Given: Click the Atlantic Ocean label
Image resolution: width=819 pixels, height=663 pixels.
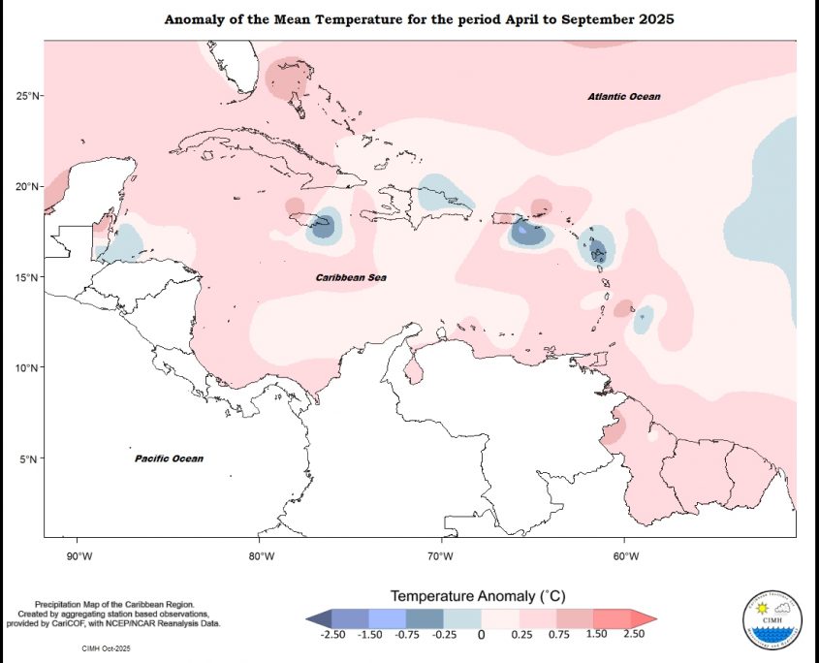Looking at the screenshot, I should (624, 97).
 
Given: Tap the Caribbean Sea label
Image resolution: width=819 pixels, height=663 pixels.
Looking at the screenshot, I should (351, 278).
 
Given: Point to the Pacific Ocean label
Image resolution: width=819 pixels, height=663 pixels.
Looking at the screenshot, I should (169, 458).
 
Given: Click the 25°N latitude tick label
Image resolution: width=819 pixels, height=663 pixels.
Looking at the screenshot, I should (27, 95).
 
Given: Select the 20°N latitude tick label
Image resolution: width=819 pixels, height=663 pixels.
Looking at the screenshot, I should (27, 186).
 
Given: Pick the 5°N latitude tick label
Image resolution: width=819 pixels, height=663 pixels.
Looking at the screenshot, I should (30, 459).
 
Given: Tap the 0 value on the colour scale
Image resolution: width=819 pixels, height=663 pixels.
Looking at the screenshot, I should (481, 635).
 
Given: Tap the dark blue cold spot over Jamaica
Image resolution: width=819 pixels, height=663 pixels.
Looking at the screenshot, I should (324, 226).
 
